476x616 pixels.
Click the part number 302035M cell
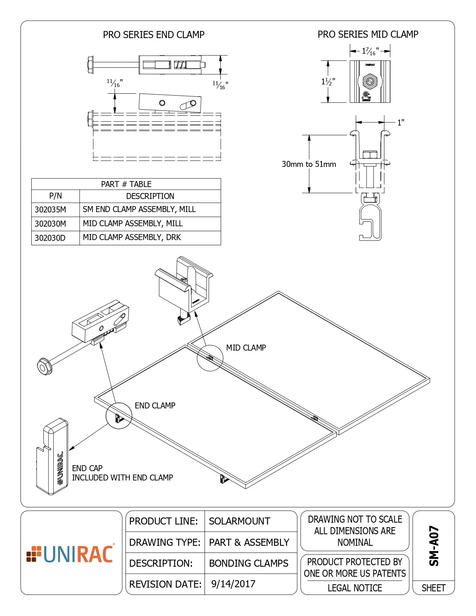50,210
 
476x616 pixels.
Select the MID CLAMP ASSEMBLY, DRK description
132,237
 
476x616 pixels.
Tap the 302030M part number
50,224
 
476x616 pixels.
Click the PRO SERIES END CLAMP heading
153,35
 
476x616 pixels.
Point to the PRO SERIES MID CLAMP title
368,34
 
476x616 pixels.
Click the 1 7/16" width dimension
370,51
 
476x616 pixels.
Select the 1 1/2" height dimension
328,81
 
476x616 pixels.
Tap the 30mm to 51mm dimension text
309,164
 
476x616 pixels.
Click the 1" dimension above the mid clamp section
401,122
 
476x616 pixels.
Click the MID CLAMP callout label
246,348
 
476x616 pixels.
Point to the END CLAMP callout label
155,406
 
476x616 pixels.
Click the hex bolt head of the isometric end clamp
45,367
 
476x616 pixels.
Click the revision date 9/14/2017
233,584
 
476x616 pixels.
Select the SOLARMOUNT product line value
239,521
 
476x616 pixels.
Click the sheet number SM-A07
433,546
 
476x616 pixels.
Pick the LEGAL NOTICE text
355,588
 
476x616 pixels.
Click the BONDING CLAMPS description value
249,563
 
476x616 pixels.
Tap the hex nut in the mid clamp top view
370,81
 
